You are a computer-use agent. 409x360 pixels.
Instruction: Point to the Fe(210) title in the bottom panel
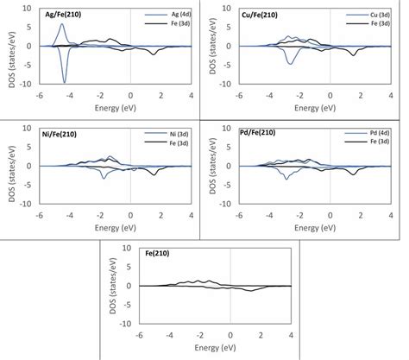click(x=146, y=252)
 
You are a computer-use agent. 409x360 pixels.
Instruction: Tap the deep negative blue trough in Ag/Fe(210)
click(x=64, y=82)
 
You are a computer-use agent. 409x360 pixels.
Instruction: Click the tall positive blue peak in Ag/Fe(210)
click(x=62, y=25)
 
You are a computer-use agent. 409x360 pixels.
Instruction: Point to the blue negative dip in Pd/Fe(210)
click(x=286, y=178)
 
